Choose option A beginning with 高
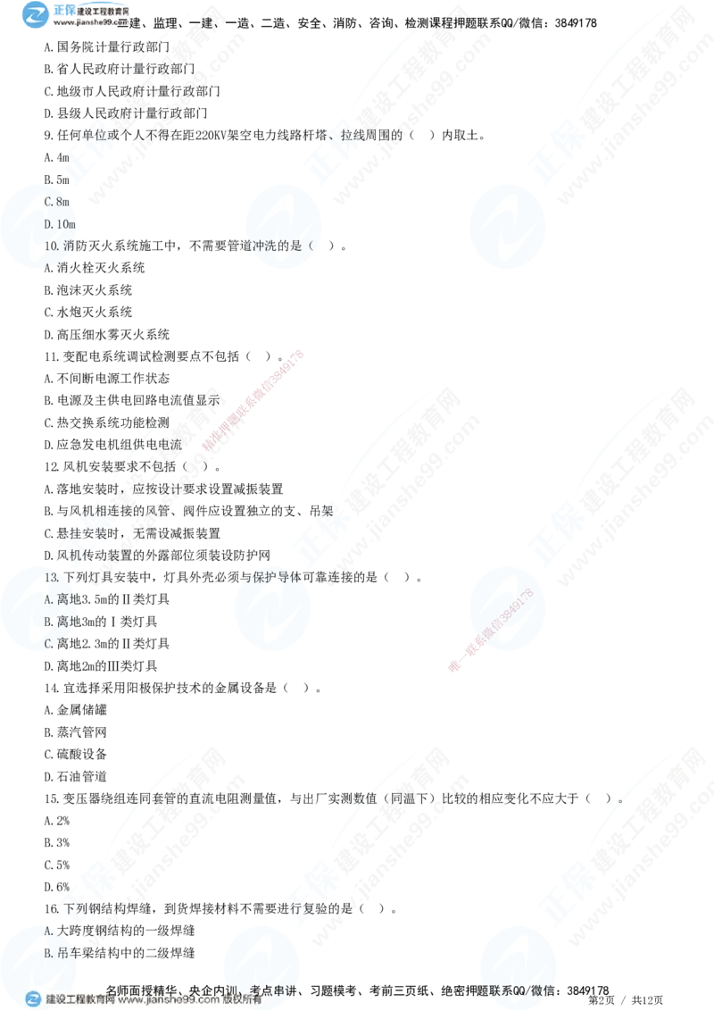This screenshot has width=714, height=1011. pos(56,599)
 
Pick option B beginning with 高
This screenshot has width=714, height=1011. pos(56,621)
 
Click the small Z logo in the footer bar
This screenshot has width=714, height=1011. pos(33,999)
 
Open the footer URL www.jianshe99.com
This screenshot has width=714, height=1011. pos(170,1000)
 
